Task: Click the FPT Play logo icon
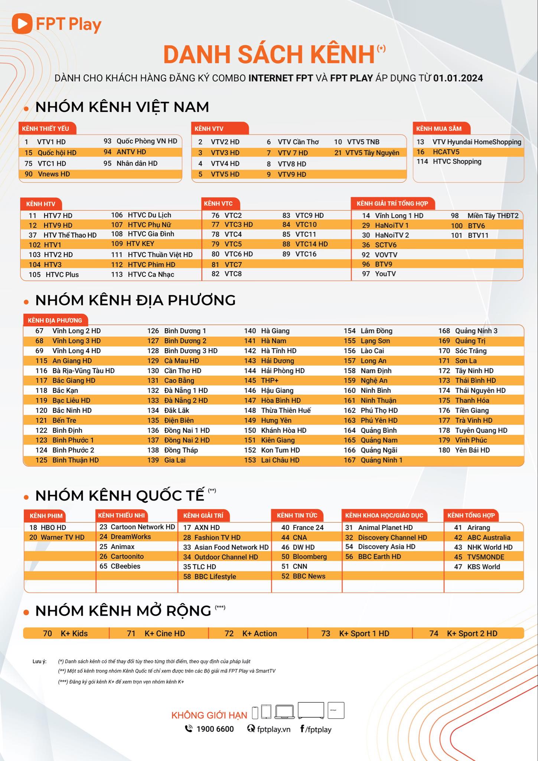point(22,24)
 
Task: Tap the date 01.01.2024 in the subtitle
point(458,78)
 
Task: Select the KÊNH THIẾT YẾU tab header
point(46,129)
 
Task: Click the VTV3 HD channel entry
point(225,153)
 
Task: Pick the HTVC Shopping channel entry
point(457,162)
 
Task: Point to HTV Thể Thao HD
point(70,235)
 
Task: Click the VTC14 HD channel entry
point(311,244)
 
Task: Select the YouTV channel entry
point(385,274)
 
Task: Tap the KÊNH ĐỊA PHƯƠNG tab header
point(55,320)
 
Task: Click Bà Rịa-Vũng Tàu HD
point(83,371)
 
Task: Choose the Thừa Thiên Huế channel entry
point(286,411)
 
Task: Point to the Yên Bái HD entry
point(472,450)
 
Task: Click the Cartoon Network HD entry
point(143,527)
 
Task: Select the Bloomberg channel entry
point(310,557)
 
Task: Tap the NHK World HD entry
point(489,547)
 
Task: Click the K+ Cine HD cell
point(164,634)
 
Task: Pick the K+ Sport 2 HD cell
point(472,634)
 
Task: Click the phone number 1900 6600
point(215,729)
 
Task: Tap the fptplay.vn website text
point(274,729)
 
